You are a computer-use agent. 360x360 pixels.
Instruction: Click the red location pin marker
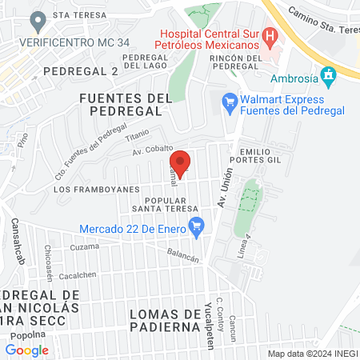[180, 163]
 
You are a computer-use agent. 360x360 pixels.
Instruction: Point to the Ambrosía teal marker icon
[327, 76]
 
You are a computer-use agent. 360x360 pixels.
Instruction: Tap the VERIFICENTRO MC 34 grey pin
[35, 20]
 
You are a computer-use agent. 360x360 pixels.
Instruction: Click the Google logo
[26, 350]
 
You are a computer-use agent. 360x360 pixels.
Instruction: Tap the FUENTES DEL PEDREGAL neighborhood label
[126, 105]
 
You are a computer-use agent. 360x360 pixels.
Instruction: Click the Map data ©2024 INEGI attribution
[312, 353]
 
